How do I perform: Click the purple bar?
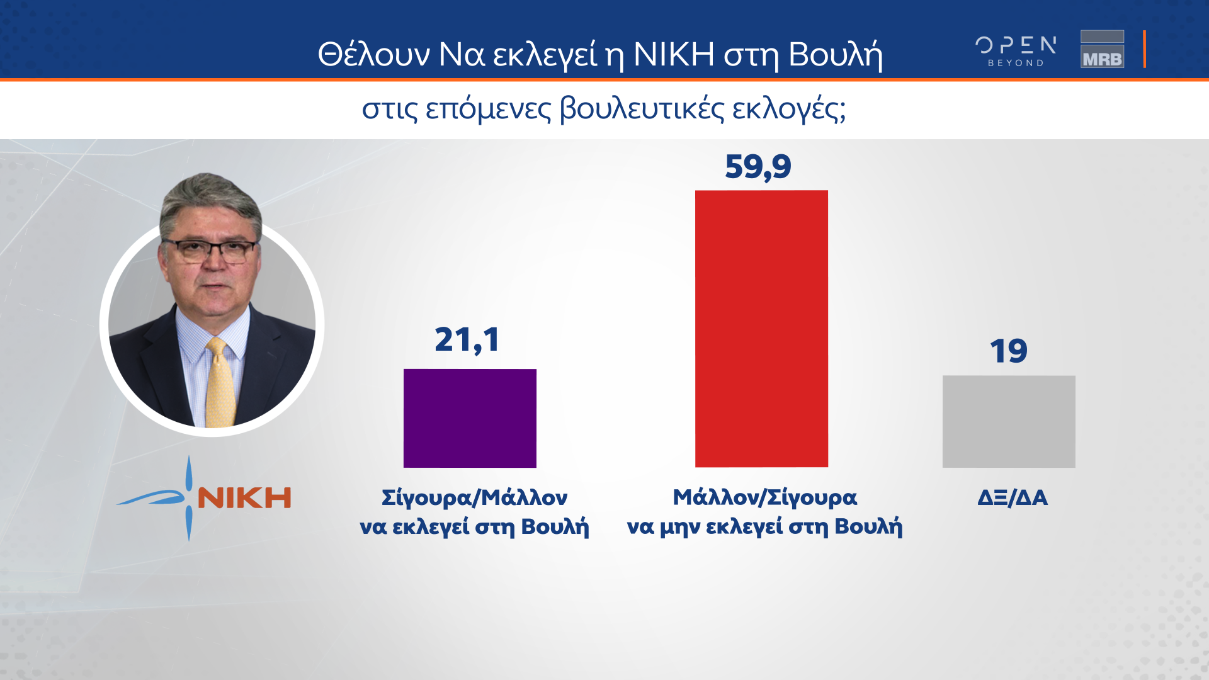[x=470, y=418]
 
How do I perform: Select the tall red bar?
[x=761, y=329]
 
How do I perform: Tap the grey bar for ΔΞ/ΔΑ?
[x=1009, y=422]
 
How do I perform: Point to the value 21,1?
[x=467, y=340]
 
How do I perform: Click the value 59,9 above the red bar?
[x=758, y=167]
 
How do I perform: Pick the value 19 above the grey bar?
[x=1009, y=351]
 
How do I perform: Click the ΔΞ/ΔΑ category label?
[x=1013, y=498]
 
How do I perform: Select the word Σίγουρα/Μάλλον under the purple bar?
[x=475, y=498]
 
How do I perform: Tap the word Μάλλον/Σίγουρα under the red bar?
[x=765, y=498]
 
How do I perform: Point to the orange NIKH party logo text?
[x=244, y=498]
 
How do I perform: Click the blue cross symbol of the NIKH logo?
[x=188, y=498]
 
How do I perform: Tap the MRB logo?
[x=1102, y=49]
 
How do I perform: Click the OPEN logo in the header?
[x=1016, y=45]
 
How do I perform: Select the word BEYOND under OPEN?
[x=1016, y=63]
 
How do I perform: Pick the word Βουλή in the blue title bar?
[x=836, y=54]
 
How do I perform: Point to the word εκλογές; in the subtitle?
[x=788, y=109]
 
